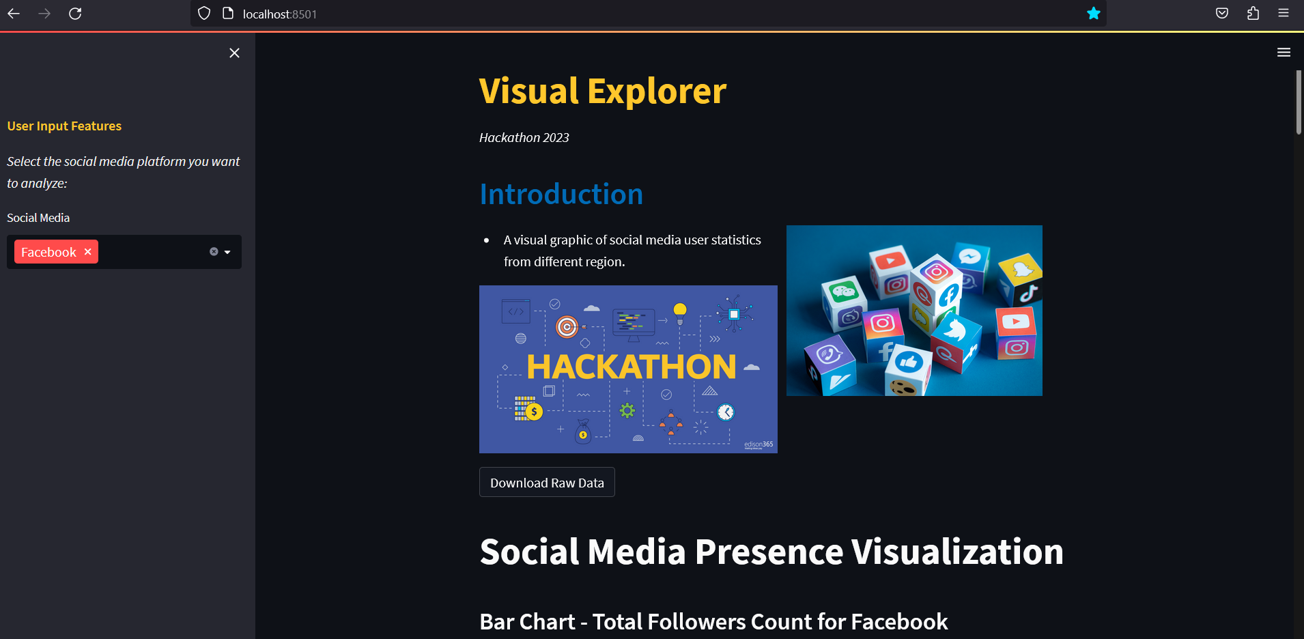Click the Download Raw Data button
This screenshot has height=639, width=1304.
pos(547,482)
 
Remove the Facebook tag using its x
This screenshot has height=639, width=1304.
pos(87,251)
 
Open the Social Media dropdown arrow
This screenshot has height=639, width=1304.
pos(227,252)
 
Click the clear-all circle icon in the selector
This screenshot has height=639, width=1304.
pos(214,252)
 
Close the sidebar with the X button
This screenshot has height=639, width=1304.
pos(234,53)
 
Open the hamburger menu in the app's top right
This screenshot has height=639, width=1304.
pos(1284,52)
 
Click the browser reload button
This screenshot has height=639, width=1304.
pos(75,14)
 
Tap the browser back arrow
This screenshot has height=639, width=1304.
pos(14,14)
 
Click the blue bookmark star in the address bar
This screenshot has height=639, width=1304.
pos(1094,14)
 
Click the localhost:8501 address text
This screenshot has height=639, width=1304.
pos(280,14)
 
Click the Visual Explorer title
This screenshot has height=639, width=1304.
pos(603,91)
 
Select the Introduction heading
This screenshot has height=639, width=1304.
pos(561,194)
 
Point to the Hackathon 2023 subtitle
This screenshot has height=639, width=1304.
pos(524,137)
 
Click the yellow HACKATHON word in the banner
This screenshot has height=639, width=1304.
pos(632,367)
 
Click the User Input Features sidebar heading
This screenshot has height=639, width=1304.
pos(64,126)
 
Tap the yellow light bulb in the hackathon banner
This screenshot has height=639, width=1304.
pos(680,313)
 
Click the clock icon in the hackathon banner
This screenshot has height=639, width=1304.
pos(726,412)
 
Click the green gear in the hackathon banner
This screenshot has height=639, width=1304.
pos(627,410)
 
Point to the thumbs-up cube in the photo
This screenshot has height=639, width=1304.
pos(908,369)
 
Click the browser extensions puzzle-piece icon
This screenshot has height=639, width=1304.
pos(1253,14)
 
